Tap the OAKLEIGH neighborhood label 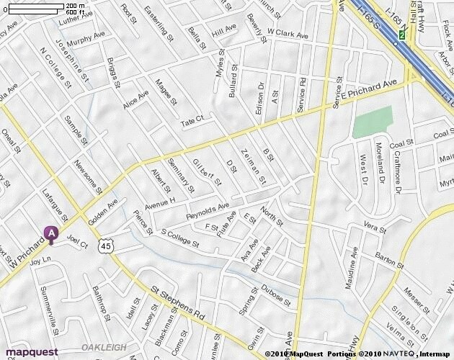pyautogui.click(x=99, y=347)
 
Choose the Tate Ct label pyautogui.click(x=192, y=122)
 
